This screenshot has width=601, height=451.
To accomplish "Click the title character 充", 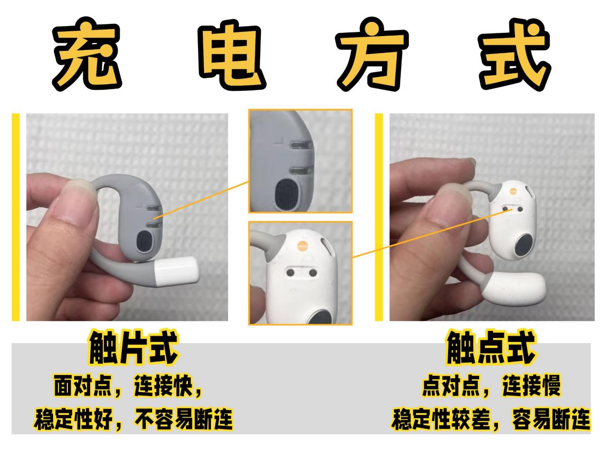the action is (x=87, y=54).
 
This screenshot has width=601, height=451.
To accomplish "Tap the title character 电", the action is (x=232, y=54).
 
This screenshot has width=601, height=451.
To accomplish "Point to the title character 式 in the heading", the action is (x=514, y=54).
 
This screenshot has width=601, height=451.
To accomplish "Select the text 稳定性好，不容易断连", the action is (x=134, y=420).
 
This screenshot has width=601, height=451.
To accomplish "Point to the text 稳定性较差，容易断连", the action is (x=490, y=420).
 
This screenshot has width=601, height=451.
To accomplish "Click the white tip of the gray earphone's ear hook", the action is (x=176, y=271).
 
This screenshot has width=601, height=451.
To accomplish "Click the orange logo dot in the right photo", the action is (x=513, y=191).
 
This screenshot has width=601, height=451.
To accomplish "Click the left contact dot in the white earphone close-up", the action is (x=290, y=272).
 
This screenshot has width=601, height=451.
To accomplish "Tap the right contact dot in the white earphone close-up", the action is (x=313, y=273).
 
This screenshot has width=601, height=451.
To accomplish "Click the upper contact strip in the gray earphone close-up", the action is (x=301, y=145).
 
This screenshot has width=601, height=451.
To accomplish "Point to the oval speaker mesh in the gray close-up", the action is (x=286, y=193).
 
